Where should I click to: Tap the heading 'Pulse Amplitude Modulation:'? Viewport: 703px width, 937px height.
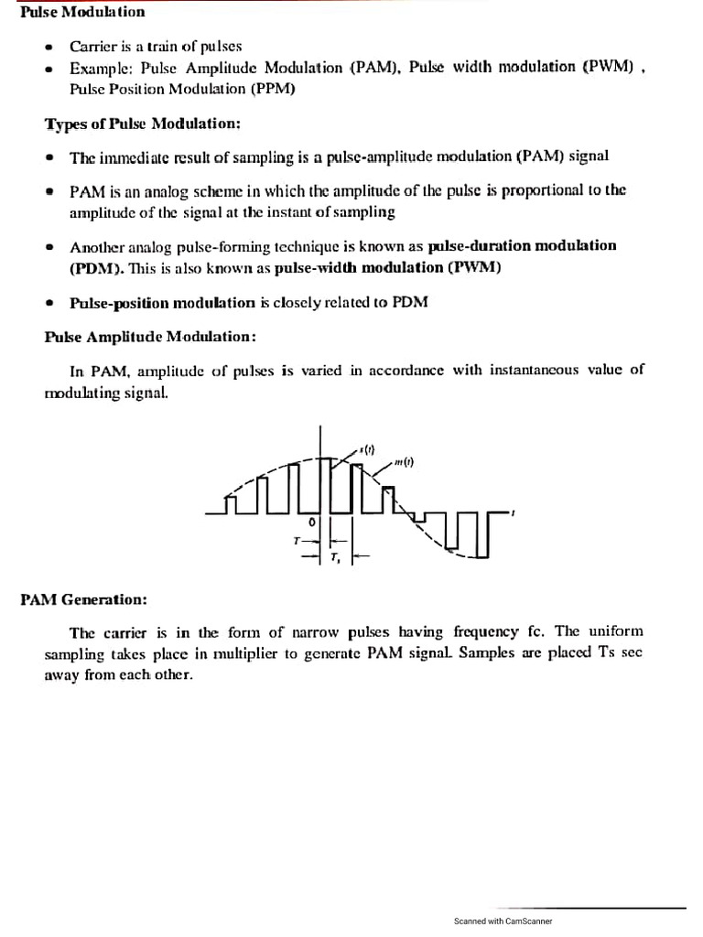(150, 336)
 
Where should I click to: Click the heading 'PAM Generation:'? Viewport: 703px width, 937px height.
(83, 599)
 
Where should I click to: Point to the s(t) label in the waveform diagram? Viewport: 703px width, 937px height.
(367, 449)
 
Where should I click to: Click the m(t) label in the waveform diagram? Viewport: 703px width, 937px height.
(405, 462)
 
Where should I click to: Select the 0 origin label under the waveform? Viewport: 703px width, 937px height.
(311, 521)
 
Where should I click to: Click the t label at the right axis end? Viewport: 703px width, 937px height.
(514, 512)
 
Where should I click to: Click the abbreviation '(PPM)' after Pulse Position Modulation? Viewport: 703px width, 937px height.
(270, 89)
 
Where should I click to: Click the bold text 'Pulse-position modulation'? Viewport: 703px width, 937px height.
(163, 303)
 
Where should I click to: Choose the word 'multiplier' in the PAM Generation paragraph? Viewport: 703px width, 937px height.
(258, 652)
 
